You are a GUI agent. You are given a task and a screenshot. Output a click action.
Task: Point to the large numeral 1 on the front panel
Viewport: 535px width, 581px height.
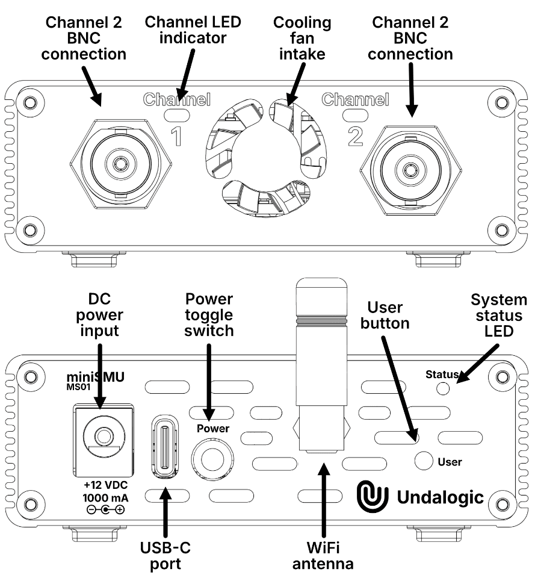point(176,136)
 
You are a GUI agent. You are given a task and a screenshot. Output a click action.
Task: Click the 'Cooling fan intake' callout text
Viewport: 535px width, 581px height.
point(302,39)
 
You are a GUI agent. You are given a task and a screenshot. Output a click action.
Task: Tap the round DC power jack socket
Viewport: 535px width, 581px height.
point(101,435)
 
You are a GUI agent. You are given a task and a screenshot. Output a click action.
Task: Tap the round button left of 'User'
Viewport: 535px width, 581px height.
point(424,461)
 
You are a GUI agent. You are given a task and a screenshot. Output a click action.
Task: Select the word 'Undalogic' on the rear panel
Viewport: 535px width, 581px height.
point(441,497)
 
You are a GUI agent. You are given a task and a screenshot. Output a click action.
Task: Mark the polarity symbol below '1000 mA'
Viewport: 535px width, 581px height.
point(106,511)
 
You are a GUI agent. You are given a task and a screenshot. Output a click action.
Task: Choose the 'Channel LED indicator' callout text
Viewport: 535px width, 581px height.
point(193,30)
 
